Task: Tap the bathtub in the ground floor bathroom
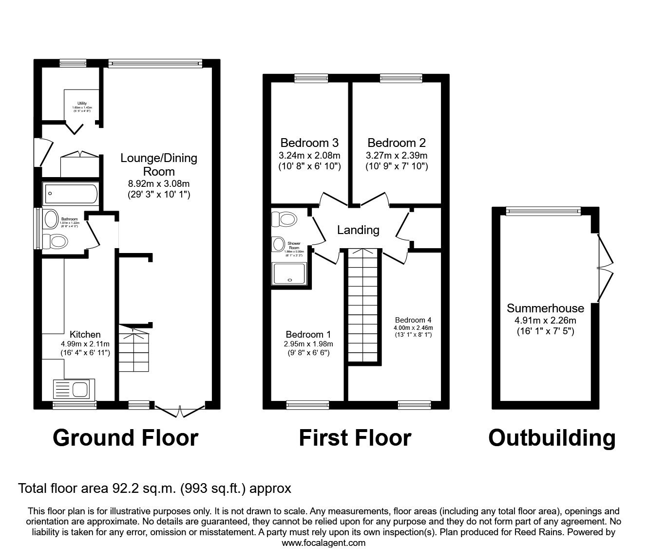click(71, 193)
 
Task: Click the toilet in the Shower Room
click(285, 219)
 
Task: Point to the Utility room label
click(82, 103)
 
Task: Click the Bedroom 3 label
click(309, 143)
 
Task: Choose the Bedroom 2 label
click(397, 143)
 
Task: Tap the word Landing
click(358, 230)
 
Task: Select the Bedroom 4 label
click(413, 320)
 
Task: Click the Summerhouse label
click(545, 308)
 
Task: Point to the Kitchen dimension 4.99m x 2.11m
click(85, 344)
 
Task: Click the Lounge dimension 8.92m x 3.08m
click(159, 183)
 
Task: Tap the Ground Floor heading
click(125, 438)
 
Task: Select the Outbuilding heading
click(552, 438)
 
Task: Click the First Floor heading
click(355, 438)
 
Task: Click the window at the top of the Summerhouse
click(543, 210)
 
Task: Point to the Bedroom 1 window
click(307, 403)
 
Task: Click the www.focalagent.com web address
click(323, 543)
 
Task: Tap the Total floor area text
click(154, 488)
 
